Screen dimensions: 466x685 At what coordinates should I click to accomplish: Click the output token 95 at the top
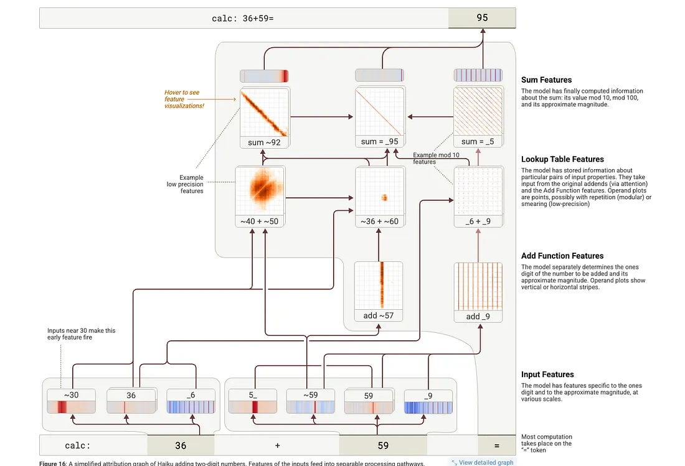click(482, 18)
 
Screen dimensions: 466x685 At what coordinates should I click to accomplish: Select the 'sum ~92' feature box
click(265, 118)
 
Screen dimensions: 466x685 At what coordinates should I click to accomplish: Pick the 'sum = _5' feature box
click(478, 118)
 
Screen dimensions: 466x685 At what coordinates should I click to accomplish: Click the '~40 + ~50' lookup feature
click(260, 197)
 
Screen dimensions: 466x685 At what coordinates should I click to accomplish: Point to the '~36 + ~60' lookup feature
click(379, 197)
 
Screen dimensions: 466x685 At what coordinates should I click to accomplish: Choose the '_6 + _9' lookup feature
click(478, 197)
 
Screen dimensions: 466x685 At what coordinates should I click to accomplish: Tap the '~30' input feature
click(71, 401)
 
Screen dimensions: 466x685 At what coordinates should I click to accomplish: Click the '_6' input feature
click(191, 401)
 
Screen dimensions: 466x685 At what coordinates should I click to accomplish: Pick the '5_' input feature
click(252, 401)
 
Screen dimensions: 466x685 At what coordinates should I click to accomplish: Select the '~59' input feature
click(309, 401)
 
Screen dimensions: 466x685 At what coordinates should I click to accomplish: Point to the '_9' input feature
click(428, 401)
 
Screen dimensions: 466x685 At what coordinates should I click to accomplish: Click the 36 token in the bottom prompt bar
click(181, 445)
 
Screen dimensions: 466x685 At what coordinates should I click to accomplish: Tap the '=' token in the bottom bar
click(496, 445)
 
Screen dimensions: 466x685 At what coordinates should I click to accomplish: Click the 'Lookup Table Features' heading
click(562, 159)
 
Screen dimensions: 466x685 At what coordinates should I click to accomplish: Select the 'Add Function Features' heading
click(562, 256)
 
